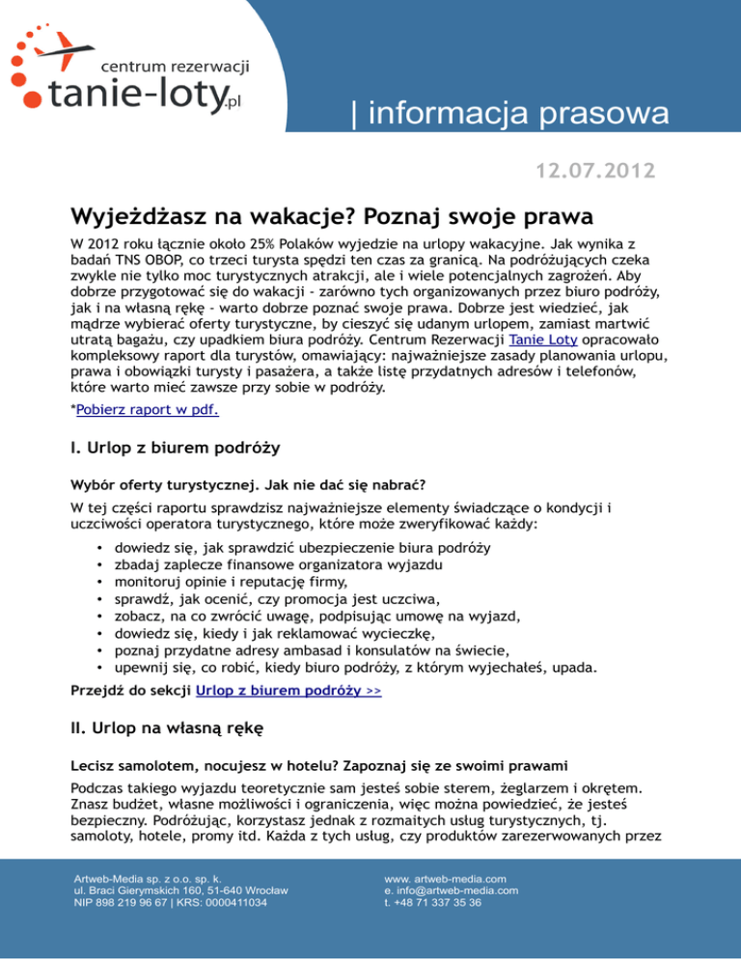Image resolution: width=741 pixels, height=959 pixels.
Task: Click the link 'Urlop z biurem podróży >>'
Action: [x=288, y=691]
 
